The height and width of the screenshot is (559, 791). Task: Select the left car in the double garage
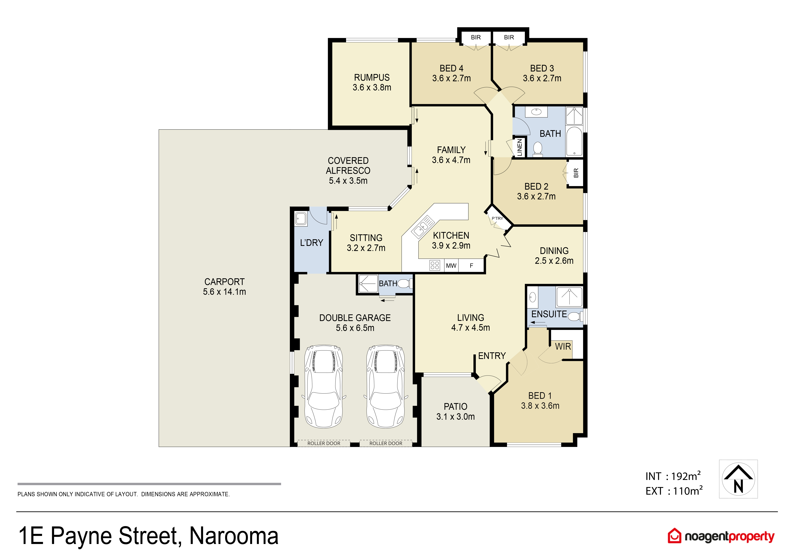(x=323, y=386)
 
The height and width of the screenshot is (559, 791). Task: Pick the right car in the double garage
(x=385, y=386)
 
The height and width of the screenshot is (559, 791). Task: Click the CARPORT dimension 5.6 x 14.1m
(x=224, y=292)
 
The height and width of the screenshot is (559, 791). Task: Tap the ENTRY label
(x=492, y=356)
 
